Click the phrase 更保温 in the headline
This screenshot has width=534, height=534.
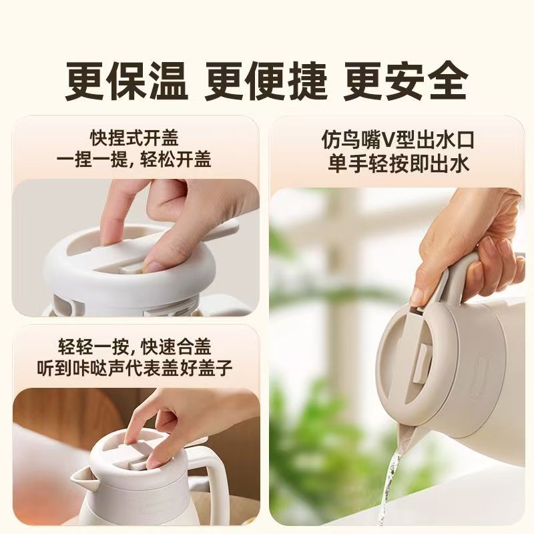[127, 81]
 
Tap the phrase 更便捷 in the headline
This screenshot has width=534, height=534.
[266, 81]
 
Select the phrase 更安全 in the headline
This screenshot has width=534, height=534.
[405, 81]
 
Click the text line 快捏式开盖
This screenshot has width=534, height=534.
[134, 138]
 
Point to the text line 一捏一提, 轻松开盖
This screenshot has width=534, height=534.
[134, 159]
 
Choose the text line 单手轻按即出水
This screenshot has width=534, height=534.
[398, 163]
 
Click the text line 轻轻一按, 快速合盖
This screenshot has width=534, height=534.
[134, 346]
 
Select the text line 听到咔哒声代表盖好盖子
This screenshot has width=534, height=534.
[135, 368]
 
